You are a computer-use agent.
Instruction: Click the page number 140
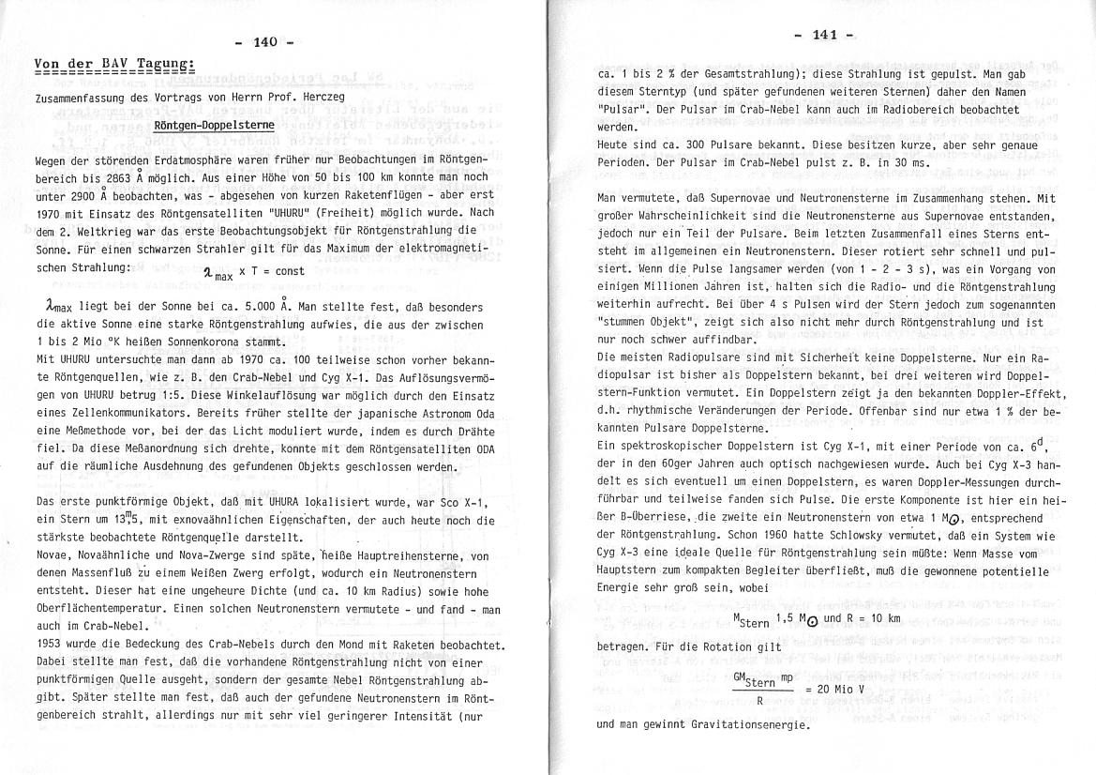pyautogui.click(x=266, y=41)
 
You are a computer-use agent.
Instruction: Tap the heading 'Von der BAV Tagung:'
pyautogui.click(x=113, y=64)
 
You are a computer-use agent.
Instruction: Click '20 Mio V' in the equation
pyautogui.click(x=837, y=689)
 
